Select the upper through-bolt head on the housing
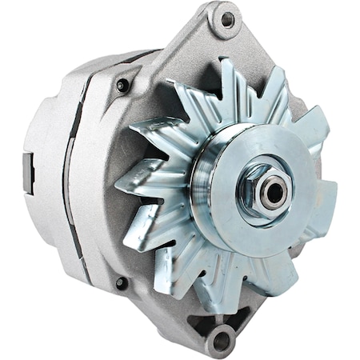tap(122, 85)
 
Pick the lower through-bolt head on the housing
tap(122, 282)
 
